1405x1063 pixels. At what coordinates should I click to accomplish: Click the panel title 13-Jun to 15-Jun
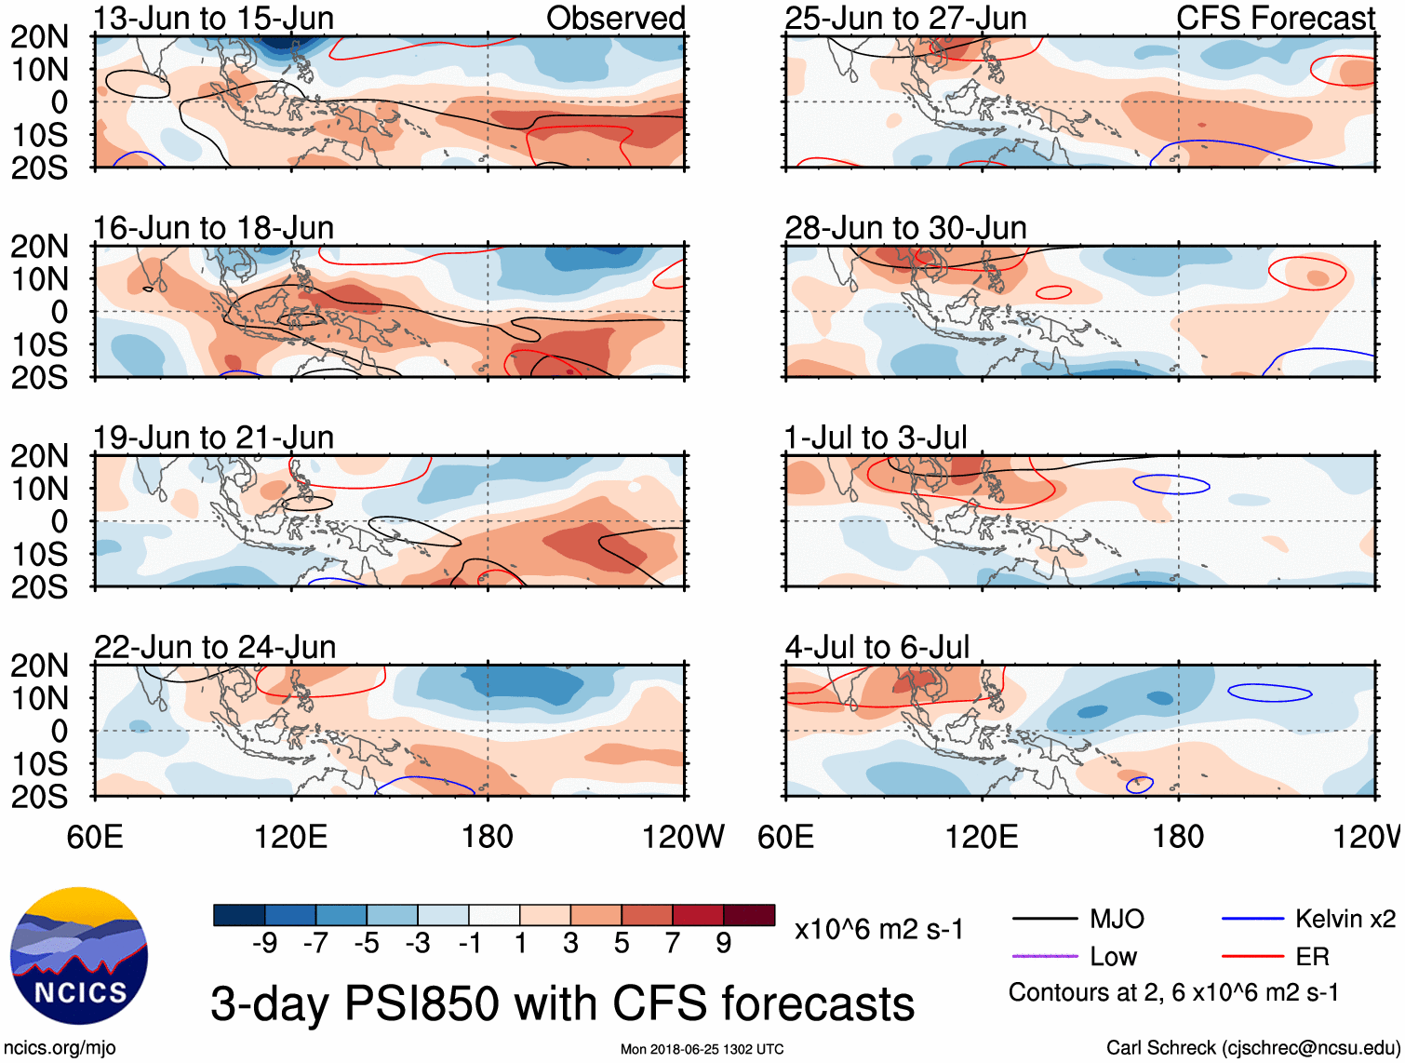coord(213,19)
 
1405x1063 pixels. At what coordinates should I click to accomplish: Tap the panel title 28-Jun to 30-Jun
coord(905,228)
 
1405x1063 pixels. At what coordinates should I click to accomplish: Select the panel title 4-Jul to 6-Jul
coord(876,647)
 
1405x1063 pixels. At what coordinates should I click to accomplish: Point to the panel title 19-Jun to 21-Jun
coord(213,437)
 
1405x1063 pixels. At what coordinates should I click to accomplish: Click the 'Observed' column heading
coord(615,19)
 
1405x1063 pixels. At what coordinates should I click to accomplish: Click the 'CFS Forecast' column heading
coord(1275,19)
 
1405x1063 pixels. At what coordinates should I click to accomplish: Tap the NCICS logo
coord(79,956)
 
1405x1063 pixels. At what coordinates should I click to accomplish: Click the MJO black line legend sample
coord(1044,920)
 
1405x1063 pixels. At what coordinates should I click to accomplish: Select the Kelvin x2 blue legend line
coord(1252,920)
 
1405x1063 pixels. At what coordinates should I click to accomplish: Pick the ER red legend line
coord(1252,956)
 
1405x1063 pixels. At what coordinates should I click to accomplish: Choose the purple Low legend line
coord(1044,956)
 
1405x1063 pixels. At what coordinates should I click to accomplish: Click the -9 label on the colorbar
coord(264,944)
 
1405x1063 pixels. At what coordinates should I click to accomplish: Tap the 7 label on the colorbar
coord(673,944)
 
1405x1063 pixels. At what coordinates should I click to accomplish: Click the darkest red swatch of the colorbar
coord(749,915)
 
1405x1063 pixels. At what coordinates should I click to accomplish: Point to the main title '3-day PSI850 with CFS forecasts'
coord(562,1003)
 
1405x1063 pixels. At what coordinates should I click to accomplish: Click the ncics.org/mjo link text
coord(60,1048)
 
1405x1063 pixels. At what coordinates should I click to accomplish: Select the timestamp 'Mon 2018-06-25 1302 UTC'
coord(702,1049)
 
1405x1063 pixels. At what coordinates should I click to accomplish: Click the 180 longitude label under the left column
coord(488,837)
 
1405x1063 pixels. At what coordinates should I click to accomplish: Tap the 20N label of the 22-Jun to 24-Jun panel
coord(39,666)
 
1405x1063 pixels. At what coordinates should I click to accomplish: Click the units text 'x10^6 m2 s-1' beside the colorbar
coord(878,930)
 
